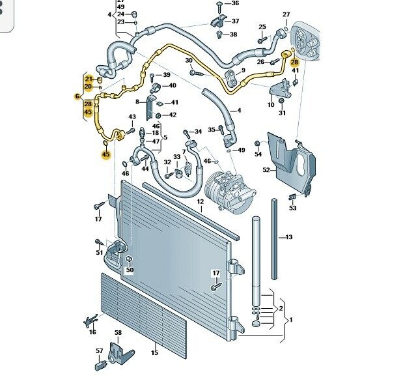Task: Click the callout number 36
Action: coord(235,4)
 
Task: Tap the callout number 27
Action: coord(286,14)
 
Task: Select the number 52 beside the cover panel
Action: coord(266,169)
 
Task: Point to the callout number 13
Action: coord(289,237)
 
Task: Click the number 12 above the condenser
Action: coord(201,202)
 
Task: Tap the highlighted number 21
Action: coord(88,78)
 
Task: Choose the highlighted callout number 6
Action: coord(77,96)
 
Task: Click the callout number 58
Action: coord(118,334)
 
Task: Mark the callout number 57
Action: coord(100,351)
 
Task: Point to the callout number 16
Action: coord(92,332)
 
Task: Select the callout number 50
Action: coord(130,270)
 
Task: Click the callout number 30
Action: coord(189,61)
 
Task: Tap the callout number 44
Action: coord(145,169)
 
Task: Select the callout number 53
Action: coord(293,208)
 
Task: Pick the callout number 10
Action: coord(271,105)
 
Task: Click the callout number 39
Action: coord(167,76)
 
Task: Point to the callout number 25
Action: coord(262,27)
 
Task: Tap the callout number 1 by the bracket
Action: coord(291,321)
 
